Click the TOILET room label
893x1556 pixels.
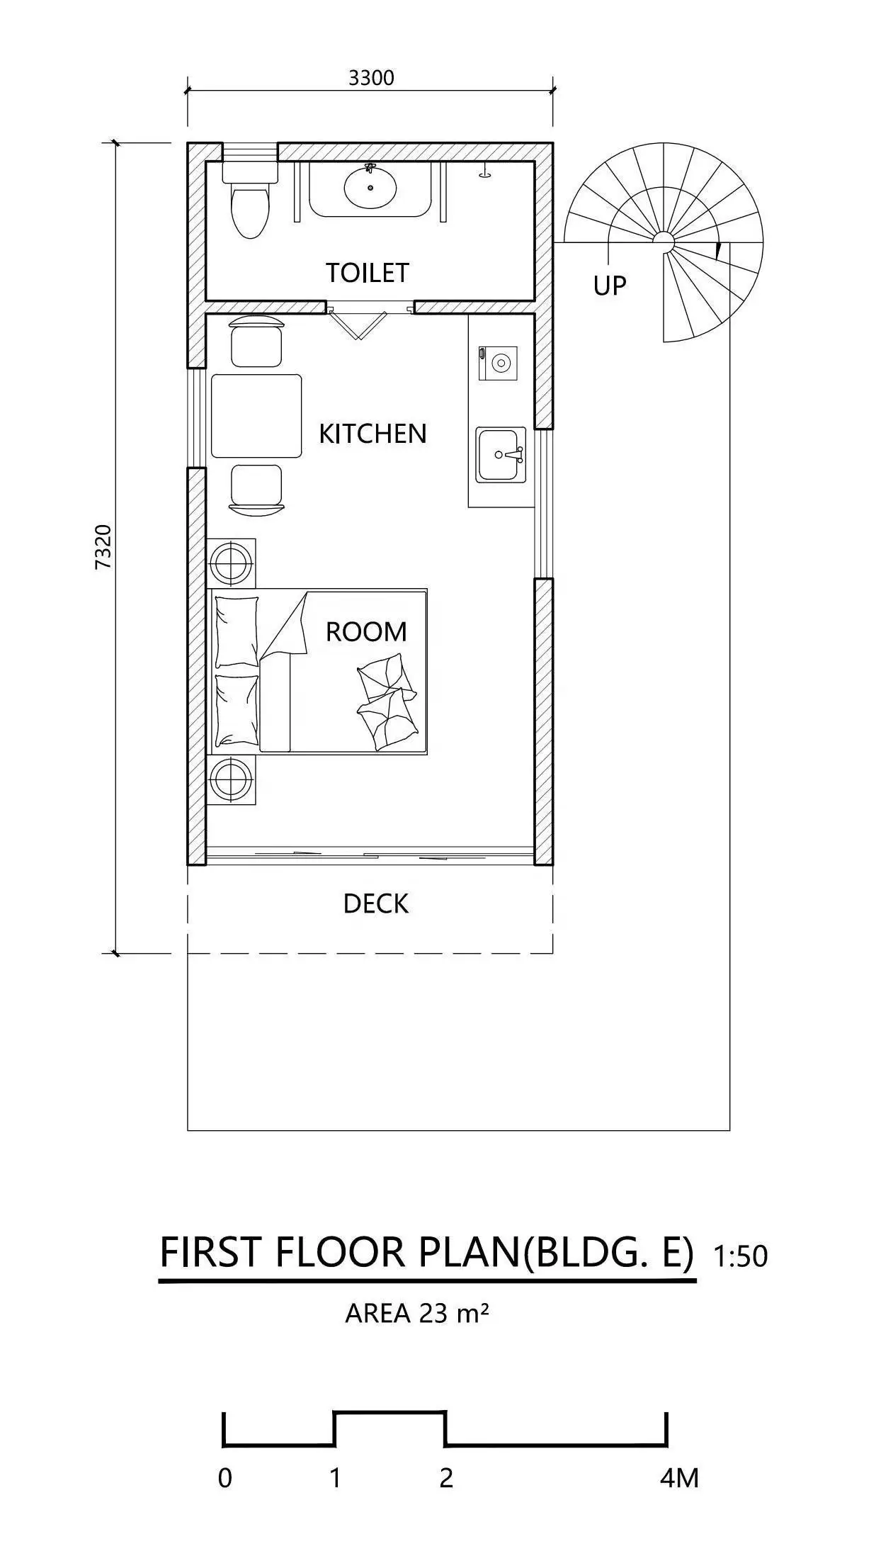click(x=367, y=272)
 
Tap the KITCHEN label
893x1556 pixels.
click(x=372, y=434)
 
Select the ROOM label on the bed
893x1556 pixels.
click(x=366, y=631)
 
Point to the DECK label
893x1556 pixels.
click(x=375, y=903)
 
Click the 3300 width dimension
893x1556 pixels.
click(x=370, y=78)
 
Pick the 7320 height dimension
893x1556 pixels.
click(x=103, y=546)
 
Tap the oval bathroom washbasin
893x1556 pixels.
click(x=370, y=187)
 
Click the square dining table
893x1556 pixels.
click(x=256, y=416)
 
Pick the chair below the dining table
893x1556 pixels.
click(x=256, y=487)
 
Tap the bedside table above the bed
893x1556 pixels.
click(x=231, y=563)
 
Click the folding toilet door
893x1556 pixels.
click(x=360, y=322)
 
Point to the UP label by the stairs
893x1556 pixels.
click(x=609, y=286)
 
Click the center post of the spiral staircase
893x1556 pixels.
click(x=664, y=242)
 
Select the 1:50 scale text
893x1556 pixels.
click(x=740, y=1256)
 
